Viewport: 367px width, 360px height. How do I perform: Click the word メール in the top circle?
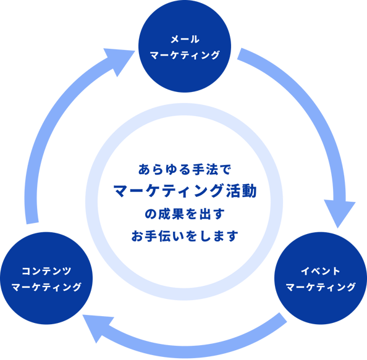[185, 39]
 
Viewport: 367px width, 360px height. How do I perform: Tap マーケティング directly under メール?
[185, 55]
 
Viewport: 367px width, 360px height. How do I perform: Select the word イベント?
[320, 271]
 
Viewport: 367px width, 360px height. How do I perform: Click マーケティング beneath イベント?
[321, 287]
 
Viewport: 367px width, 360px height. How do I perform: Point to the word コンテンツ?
[46, 271]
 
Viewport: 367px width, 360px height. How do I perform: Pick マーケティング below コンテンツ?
[46, 287]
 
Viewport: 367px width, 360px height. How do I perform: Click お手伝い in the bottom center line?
[158, 236]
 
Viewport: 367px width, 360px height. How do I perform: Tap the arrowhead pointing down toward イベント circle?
[339, 213]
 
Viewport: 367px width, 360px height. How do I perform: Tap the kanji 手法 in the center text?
[205, 169]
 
